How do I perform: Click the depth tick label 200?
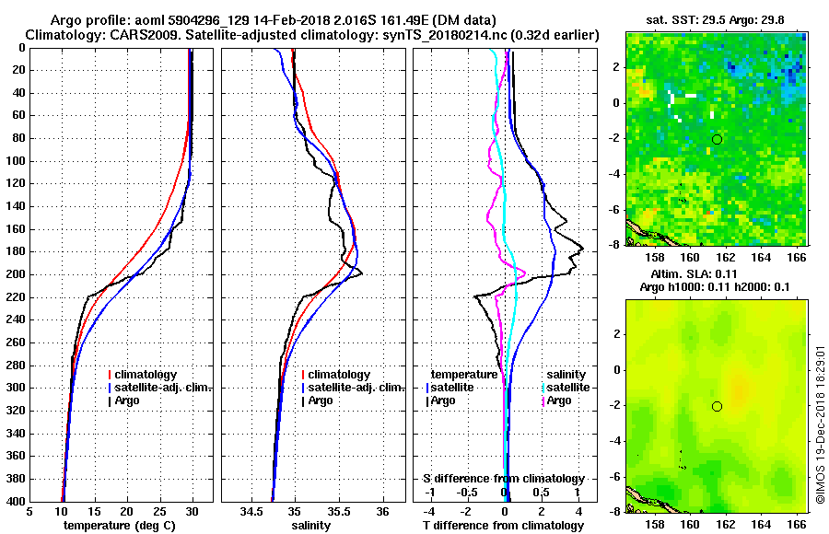coord(16,274)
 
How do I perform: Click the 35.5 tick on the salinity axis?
coord(338,512)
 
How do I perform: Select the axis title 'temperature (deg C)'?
coord(119,526)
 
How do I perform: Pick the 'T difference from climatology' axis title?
coord(503,526)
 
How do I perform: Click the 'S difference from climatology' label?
coord(503,479)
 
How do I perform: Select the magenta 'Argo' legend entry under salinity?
coord(559,400)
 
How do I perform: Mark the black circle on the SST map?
coord(717,139)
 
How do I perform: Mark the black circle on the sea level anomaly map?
coord(717,406)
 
